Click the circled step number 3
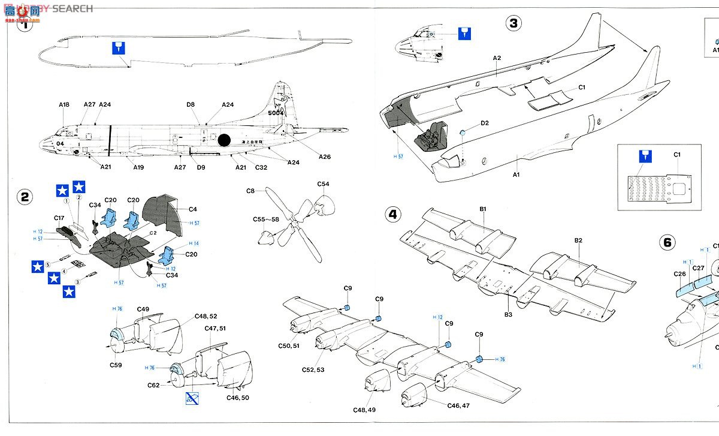pyautogui.click(x=513, y=24)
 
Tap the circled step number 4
pyautogui.click(x=392, y=214)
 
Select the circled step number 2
pyautogui.click(x=24, y=197)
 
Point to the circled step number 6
pyautogui.click(x=667, y=242)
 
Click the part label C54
pyautogui.click(x=323, y=184)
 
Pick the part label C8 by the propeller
pyautogui.click(x=250, y=191)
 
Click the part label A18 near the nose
pyautogui.click(x=64, y=105)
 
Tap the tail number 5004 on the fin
pyautogui.click(x=276, y=113)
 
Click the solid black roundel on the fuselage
pyautogui.click(x=224, y=140)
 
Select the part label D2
pyautogui.click(x=484, y=123)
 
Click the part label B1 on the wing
pyautogui.click(x=482, y=209)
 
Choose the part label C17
pyautogui.click(x=59, y=218)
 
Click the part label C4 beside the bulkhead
pyautogui.click(x=192, y=209)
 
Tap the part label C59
pyautogui.click(x=116, y=364)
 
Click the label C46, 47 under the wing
pyautogui.click(x=459, y=406)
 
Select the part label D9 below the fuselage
pyautogui.click(x=201, y=167)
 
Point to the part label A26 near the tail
pyautogui.click(x=325, y=157)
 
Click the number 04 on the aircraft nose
pyautogui.click(x=60, y=144)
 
